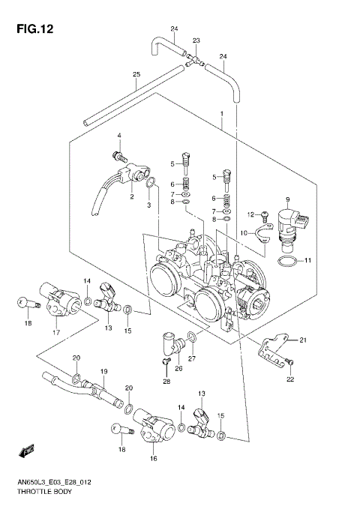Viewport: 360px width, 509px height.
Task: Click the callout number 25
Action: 136,74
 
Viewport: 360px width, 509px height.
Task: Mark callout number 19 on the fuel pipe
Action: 104,371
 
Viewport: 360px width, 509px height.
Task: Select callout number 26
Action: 178,368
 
